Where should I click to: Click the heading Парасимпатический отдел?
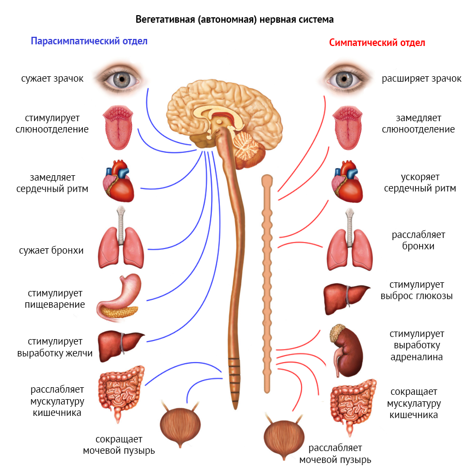coord(89,41)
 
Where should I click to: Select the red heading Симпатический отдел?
coord(377,43)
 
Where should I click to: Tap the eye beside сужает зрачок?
coord(118,78)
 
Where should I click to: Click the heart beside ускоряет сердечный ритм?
coord(347,183)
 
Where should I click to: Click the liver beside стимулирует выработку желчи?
coord(120,343)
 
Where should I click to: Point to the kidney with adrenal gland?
coord(346,349)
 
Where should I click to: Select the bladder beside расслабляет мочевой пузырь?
coord(283,436)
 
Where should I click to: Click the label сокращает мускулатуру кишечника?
coord(414,403)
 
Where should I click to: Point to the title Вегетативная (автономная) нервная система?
coord(234,19)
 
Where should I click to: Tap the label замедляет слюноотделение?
coord(418,123)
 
